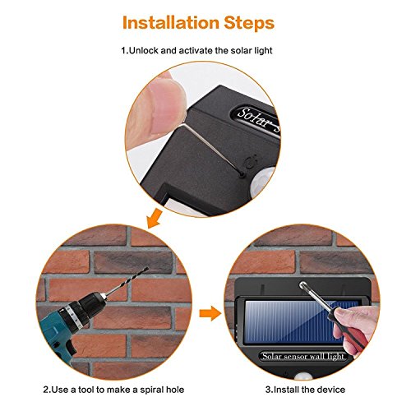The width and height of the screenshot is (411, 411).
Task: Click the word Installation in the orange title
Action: (171, 23)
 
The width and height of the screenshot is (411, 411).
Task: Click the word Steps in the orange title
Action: (249, 23)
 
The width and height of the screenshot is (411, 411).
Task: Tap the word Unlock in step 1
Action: (144, 50)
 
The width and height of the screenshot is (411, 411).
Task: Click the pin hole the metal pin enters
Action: (242, 173)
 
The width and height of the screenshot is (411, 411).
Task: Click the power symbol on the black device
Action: (251, 163)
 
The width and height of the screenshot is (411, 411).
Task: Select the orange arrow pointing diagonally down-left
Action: (154, 219)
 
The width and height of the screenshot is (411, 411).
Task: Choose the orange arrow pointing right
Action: (210, 313)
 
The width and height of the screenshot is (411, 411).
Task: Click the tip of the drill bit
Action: (147, 268)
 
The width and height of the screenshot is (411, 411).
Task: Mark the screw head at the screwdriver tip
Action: (303, 286)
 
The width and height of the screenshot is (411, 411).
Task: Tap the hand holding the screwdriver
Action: (356, 326)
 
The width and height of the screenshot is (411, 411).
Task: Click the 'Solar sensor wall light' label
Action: (303, 356)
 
